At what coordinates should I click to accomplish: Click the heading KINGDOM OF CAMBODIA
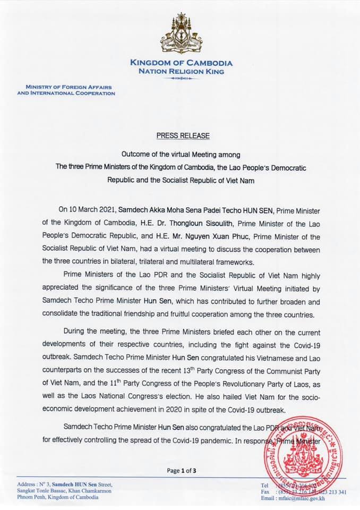coord(181,63)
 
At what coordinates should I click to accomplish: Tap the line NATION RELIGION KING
coord(181,71)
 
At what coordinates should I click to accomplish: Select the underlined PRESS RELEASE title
coord(183,135)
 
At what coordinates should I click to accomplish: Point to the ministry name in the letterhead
coord(66,90)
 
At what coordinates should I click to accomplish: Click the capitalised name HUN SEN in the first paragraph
coord(233,197)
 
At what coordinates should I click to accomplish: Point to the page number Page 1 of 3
coord(182,471)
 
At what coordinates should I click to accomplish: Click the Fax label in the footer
coord(266,492)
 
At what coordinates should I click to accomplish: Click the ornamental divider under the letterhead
coord(181,79)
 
